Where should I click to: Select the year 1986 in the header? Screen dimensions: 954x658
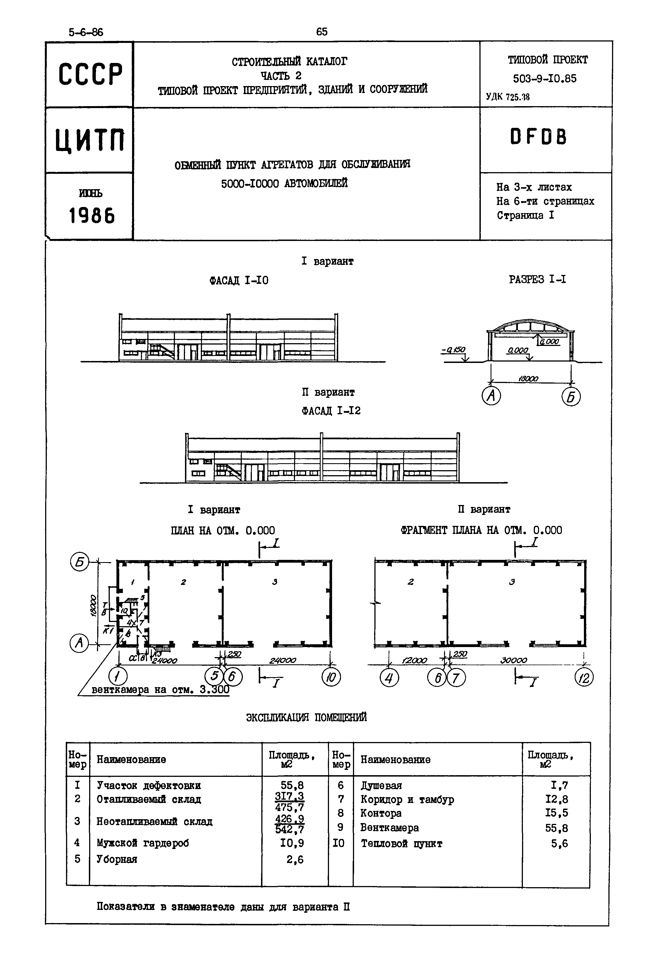[92, 215]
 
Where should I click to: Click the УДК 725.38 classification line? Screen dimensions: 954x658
[508, 97]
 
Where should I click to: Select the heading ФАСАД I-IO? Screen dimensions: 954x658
[239, 281]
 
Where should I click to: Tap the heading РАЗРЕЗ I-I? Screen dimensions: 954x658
[537, 280]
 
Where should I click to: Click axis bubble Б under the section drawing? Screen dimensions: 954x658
[571, 397]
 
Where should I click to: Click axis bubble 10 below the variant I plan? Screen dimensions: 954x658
[331, 677]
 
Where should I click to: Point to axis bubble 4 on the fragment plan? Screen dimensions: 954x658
[389, 677]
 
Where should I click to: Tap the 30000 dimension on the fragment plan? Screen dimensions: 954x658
[514, 660]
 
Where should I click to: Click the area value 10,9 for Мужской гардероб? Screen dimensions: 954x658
[292, 843]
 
